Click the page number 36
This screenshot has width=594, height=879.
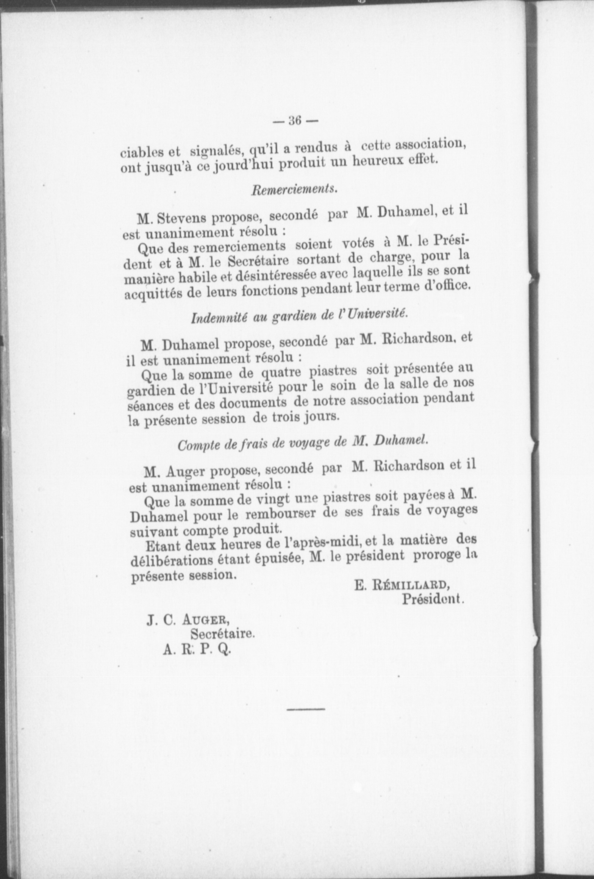pyautogui.click(x=294, y=121)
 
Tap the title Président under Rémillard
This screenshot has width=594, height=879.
pyautogui.click(x=433, y=599)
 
